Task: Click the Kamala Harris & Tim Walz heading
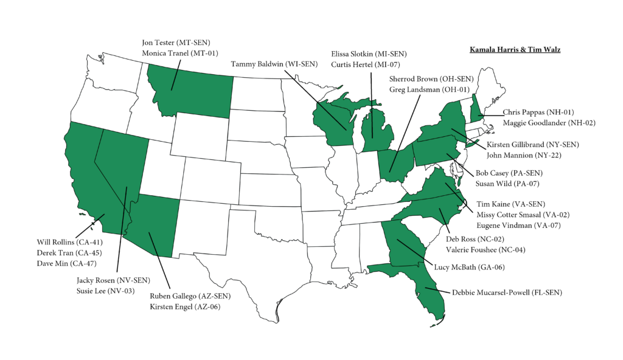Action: [515, 49]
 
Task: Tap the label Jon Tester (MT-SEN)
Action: [175, 43]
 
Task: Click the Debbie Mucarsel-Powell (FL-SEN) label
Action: [507, 292]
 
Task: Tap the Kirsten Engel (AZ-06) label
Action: [185, 306]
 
